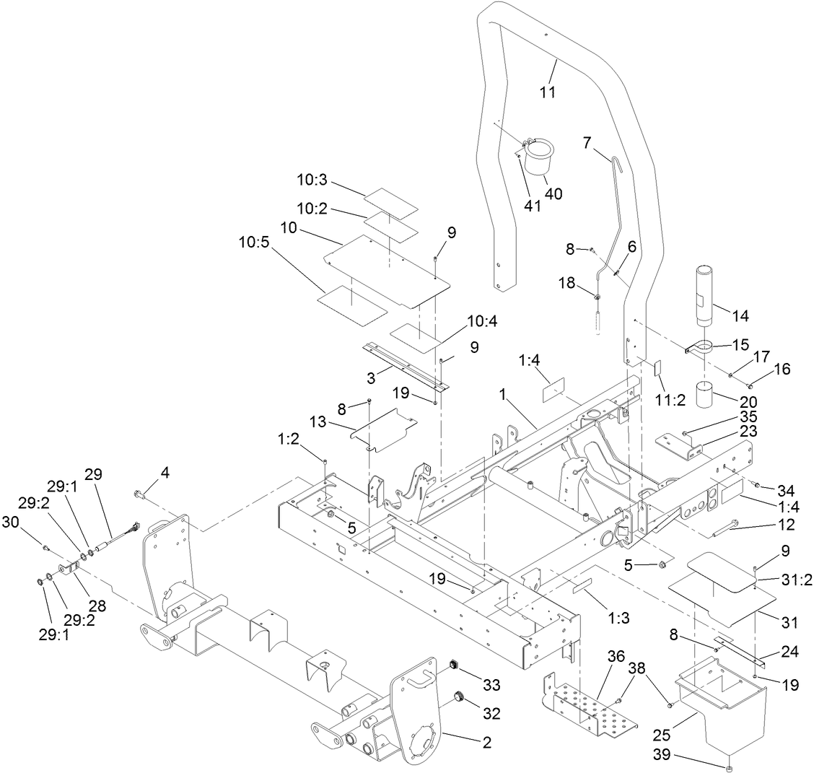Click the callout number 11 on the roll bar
(x=548, y=92)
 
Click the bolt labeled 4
(x=139, y=495)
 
